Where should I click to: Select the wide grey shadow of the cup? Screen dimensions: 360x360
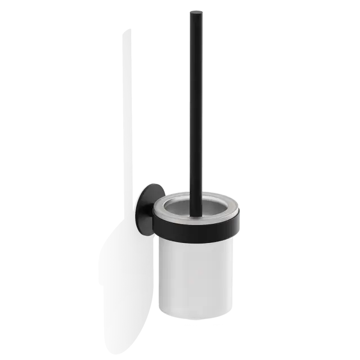(121, 264)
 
